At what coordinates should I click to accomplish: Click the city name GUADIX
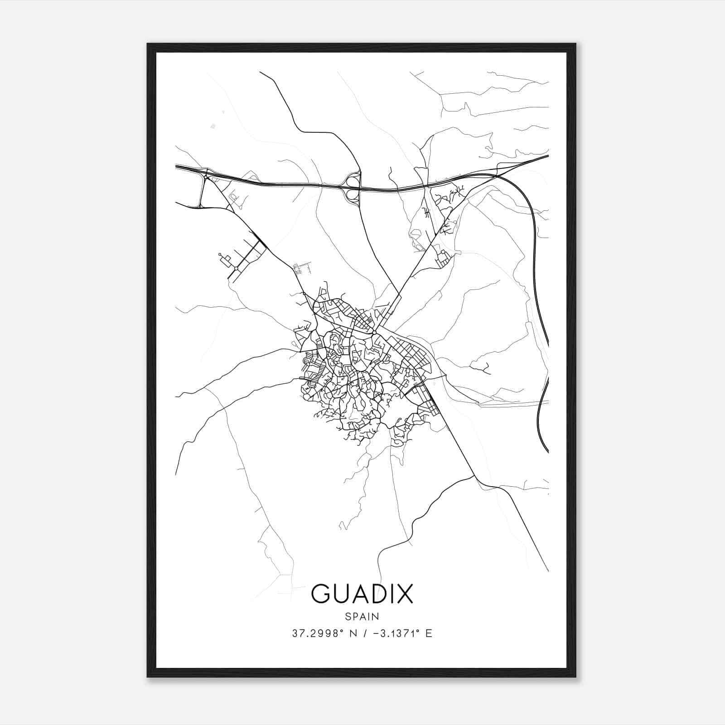pos(362,594)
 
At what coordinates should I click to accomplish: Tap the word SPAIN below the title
pos(362,616)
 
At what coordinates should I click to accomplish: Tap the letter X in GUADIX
pos(405,594)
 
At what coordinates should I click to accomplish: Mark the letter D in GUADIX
pos(372,594)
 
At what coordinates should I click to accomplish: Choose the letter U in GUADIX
pos(339,594)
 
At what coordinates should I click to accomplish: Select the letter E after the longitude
pos(429,633)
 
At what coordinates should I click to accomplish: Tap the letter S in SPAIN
pos(347,616)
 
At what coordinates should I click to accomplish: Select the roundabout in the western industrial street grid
pos(236,269)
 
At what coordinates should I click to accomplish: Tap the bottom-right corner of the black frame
pos(575,677)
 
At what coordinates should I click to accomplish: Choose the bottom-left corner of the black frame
pos(148,677)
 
